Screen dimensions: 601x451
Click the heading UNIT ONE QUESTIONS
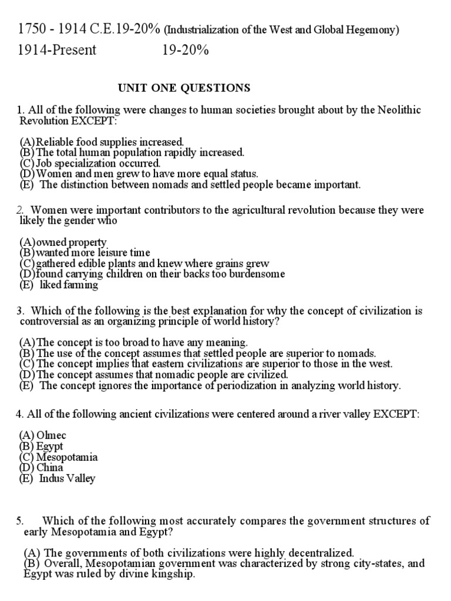pos(184,88)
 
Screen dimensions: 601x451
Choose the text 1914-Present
pos(57,50)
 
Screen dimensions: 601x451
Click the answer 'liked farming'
pos(69,285)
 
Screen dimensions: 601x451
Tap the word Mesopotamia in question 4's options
pos(67,457)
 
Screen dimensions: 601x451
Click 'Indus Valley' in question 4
pos(67,478)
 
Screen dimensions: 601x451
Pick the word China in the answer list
pos(50,468)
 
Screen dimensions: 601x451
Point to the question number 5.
pos(20,521)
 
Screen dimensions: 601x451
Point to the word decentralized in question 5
pos(321,553)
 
